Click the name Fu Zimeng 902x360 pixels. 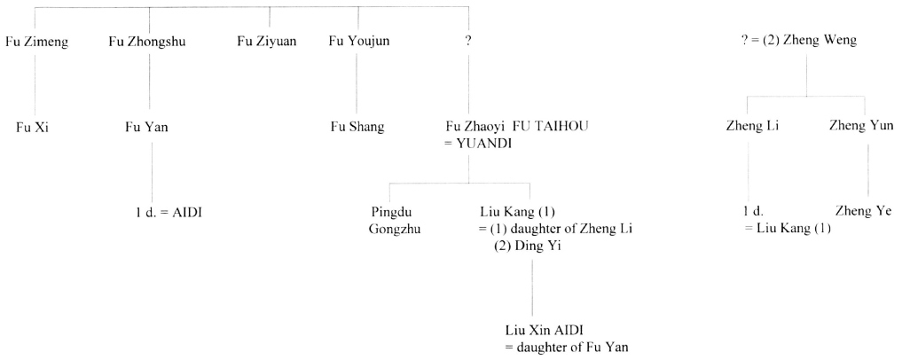pos(36,41)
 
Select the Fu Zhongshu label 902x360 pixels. pos(147,41)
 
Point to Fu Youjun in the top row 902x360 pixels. pos(359,41)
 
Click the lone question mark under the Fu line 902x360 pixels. pos(468,41)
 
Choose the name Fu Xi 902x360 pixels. pos(33,127)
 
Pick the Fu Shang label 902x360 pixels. pos(357,127)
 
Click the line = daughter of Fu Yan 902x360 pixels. pos(566,347)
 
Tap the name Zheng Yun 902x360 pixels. pos(860,127)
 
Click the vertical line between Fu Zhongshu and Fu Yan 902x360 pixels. pos(150,84)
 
